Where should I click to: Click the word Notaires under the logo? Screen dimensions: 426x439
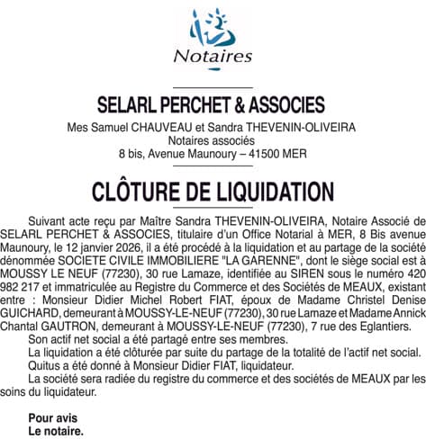pyautogui.click(x=213, y=56)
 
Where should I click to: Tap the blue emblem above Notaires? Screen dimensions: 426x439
pyautogui.click(x=213, y=27)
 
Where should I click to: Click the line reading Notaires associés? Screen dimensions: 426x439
pyautogui.click(x=213, y=141)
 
